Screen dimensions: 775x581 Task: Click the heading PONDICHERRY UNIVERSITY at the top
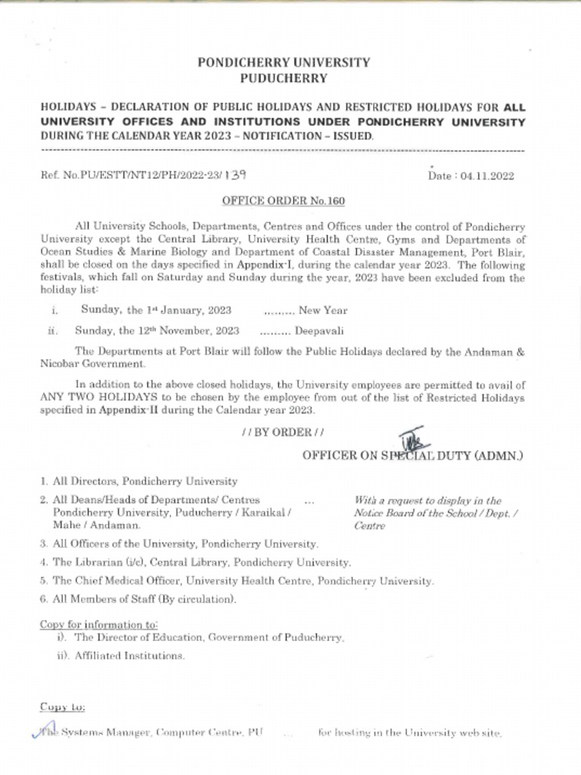pos(284,63)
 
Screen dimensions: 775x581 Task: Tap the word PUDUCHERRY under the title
pos(284,78)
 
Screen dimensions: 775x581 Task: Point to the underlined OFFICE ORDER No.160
pos(283,201)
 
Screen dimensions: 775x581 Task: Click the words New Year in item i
pos(323,310)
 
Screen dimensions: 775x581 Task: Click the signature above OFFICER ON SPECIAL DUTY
pos(412,438)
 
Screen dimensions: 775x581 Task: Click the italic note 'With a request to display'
pos(427,501)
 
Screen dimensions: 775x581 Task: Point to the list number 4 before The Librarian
pos(44,562)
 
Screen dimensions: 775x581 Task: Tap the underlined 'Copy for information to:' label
pos(98,624)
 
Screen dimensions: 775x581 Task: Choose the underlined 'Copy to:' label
pos(62,707)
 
